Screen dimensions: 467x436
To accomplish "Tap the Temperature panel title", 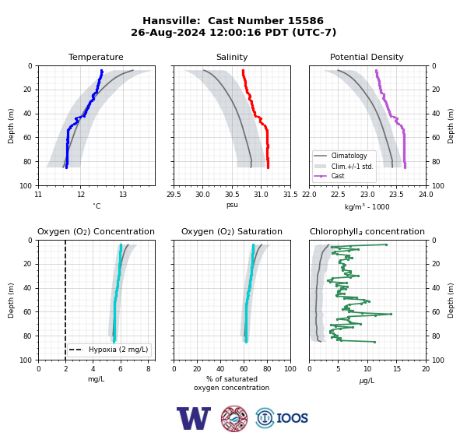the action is pos(96,57).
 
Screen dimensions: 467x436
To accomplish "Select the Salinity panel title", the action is pos(232,57).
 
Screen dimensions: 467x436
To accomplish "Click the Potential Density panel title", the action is pos(367,57).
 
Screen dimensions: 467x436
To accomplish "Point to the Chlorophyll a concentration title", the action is pos(367,231).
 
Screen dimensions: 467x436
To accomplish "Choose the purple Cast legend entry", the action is pos(328,176).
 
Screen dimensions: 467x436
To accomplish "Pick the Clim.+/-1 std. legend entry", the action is pos(343,167).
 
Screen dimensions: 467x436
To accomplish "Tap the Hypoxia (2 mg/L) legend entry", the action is pos(108,350).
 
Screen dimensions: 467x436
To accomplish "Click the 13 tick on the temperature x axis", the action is pos(123,195).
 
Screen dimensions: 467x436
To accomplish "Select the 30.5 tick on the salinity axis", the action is pos(232,195).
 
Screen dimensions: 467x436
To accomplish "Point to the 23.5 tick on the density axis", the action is pos(396,195).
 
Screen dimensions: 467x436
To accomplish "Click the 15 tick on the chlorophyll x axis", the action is pos(397,369).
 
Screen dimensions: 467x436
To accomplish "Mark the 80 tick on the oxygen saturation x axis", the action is pos(267,369).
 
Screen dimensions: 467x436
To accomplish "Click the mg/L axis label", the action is pos(96,379).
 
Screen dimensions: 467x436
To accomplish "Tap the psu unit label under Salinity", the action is pos(232,205).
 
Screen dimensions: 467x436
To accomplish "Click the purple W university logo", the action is pos(194,418).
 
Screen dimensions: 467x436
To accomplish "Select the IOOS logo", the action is pos(282,418).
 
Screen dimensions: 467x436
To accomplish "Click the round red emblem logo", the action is pos(234,418).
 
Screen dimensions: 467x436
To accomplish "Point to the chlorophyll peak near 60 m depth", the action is pos(391,314).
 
